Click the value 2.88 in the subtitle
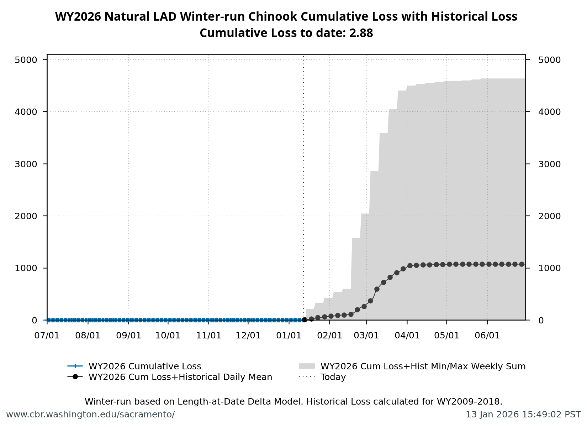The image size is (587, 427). coord(361,33)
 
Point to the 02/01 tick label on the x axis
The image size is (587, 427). coord(329,336)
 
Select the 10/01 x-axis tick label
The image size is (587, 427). coord(168,336)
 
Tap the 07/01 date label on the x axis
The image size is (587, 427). coord(47,336)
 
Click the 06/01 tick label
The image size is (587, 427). coord(487,336)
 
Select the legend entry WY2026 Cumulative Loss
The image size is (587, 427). coord(144,366)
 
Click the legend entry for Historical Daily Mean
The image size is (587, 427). coord(180,377)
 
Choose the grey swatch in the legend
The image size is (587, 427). coord(307,366)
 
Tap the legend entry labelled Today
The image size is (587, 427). coord(333,377)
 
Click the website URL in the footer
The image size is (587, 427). coord(90,415)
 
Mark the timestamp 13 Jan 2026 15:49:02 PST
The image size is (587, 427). coord(523,415)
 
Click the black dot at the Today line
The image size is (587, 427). coord(305,320)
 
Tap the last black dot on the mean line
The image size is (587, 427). coord(522,264)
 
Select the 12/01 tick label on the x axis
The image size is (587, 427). coord(248,336)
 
